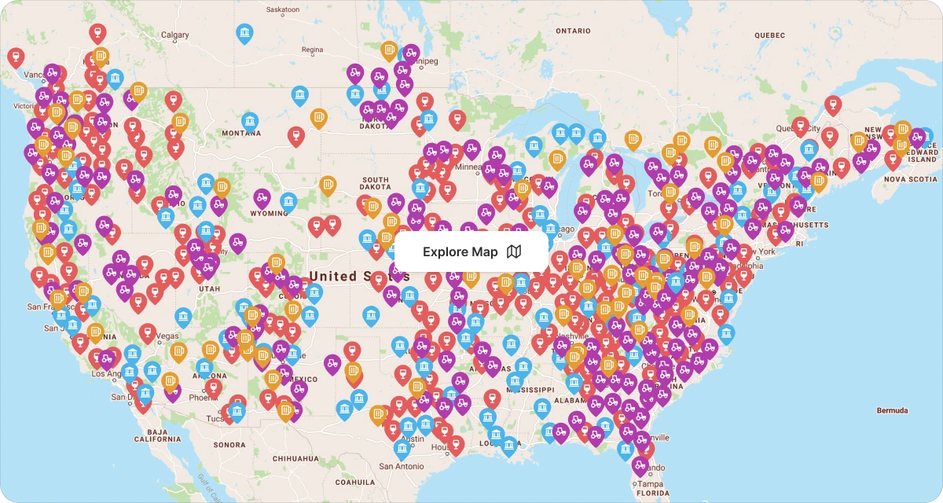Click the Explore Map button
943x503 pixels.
click(471, 251)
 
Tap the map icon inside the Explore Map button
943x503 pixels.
click(514, 251)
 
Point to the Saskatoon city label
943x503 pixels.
click(283, 10)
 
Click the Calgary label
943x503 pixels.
click(174, 35)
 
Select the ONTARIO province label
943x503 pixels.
click(573, 31)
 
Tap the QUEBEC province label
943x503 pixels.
click(769, 35)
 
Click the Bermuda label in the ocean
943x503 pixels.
click(893, 410)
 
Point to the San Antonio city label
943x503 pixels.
click(402, 466)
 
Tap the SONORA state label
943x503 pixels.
click(229, 445)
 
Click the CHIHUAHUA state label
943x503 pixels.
click(295, 458)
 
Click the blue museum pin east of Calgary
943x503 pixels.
click(245, 32)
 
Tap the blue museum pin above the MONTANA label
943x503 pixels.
click(250, 120)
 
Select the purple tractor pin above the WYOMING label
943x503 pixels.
click(262, 198)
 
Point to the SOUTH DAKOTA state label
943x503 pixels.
click(375, 184)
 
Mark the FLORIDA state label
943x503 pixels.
click(653, 494)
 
